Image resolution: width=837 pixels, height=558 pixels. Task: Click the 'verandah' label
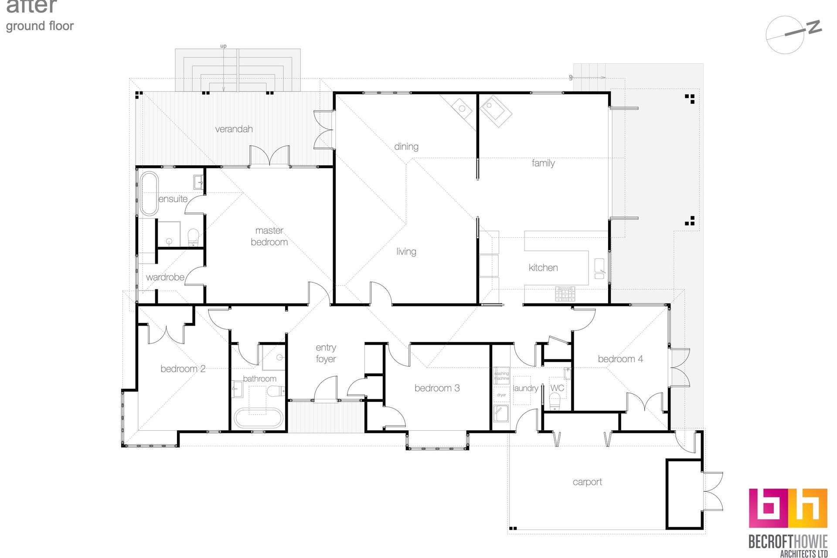(234, 129)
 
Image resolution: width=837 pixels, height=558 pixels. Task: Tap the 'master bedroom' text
(269, 236)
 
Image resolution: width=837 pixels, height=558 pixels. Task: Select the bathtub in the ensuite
(149, 194)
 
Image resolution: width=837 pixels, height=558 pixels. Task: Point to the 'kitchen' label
(543, 268)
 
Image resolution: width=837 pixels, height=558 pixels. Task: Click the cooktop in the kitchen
(565, 294)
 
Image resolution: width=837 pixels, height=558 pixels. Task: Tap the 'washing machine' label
(501, 376)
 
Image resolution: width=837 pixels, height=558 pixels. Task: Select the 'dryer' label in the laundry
(501, 395)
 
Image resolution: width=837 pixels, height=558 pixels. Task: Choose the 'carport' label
(587, 482)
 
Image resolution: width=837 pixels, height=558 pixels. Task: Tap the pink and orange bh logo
(788, 508)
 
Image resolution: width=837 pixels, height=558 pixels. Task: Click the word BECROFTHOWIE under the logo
(788, 541)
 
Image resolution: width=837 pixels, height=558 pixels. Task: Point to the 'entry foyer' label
(326, 353)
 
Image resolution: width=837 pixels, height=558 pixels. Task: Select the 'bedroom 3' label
(437, 388)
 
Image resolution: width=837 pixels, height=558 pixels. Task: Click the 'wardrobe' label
(165, 277)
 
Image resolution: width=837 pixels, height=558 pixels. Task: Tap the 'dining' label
(406, 146)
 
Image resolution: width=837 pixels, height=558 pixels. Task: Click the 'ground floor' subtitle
(40, 26)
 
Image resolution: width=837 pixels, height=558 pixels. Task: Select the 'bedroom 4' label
(620, 359)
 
